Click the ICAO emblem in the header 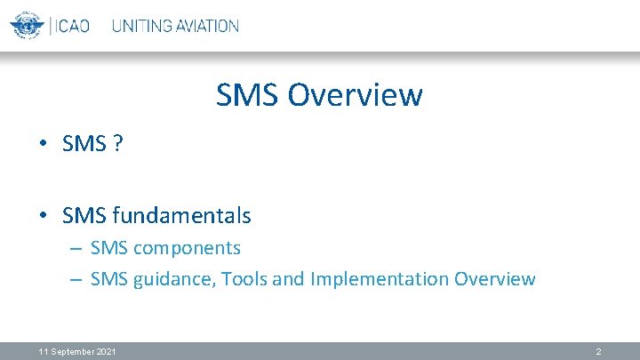point(27,25)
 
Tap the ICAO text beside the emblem point(74,26)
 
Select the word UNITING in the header point(143,26)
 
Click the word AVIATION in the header point(208,26)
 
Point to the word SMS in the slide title point(246,94)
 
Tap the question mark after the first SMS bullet point(117,144)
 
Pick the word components point(187,248)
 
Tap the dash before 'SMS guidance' point(76,280)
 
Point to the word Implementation point(379,279)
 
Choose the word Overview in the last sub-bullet point(494,279)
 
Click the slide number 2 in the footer point(598,352)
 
